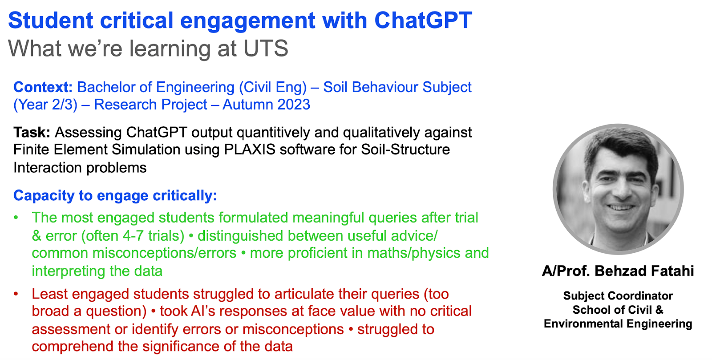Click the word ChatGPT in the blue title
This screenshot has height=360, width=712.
(x=423, y=20)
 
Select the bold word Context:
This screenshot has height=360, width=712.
(x=43, y=87)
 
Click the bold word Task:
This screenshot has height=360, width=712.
(x=32, y=132)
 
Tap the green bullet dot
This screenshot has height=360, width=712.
(x=16, y=218)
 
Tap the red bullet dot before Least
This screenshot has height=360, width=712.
(x=16, y=294)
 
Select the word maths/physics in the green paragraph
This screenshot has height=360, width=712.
(x=413, y=253)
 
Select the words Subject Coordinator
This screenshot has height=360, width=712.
(x=618, y=296)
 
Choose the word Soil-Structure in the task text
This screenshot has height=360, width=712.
(x=405, y=150)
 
